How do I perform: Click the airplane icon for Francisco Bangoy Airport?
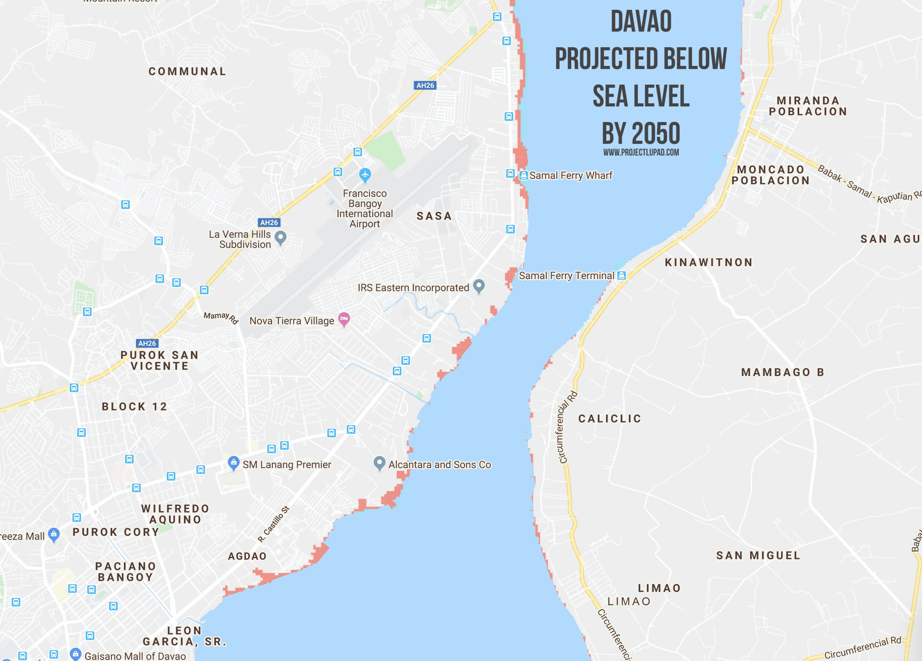[365, 175]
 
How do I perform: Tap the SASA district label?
[434, 216]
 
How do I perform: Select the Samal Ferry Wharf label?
[571, 176]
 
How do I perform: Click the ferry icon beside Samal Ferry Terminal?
[621, 275]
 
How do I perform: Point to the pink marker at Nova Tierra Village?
[344, 319]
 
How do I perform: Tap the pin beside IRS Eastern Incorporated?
[479, 285]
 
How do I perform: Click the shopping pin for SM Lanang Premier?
[233, 463]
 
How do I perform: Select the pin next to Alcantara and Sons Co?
[379, 463]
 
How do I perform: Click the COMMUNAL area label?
[187, 72]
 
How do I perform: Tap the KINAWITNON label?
[708, 263]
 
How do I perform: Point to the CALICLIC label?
[610, 419]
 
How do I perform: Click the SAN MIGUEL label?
[758, 556]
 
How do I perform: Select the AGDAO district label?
[247, 556]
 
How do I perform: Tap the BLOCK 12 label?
[134, 406]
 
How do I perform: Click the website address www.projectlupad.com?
[641, 152]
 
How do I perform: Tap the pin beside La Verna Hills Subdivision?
[281, 237]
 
